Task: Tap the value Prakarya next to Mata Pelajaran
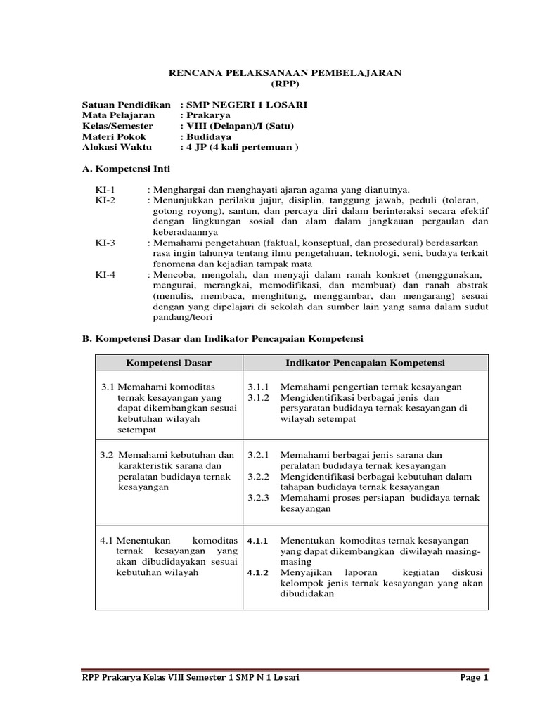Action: tap(208, 115)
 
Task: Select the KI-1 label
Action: tap(105, 190)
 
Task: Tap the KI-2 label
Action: tap(105, 200)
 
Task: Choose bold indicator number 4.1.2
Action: tap(258, 572)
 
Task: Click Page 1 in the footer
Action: tap(474, 678)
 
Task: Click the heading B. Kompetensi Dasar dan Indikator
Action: tap(223, 338)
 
